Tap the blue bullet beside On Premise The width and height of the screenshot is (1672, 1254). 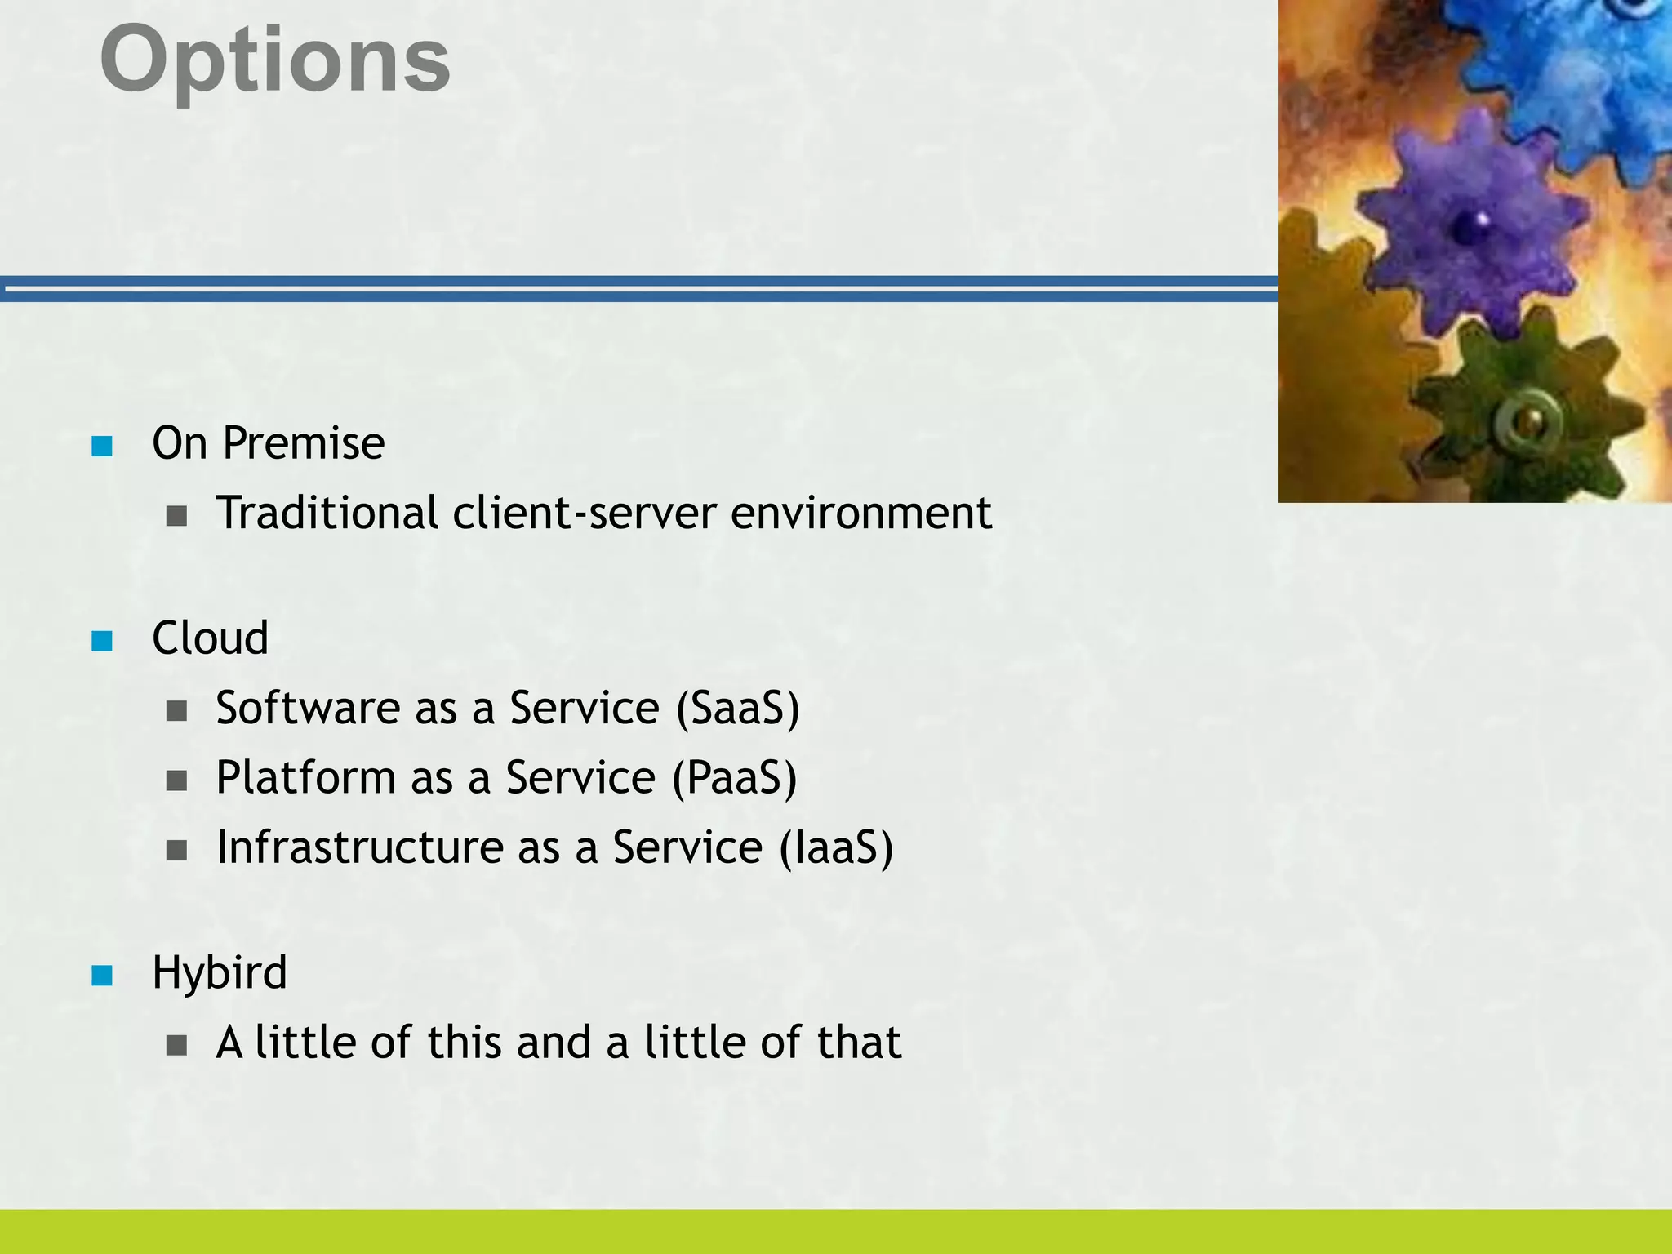[x=102, y=446]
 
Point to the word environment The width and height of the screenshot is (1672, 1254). [x=860, y=514]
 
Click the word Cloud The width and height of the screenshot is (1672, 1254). [x=210, y=638]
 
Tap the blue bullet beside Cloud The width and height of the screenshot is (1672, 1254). [x=102, y=641]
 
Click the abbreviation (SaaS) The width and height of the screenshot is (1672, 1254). [x=737, y=708]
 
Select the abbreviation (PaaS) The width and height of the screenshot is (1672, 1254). [x=734, y=778]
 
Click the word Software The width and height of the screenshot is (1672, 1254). [x=307, y=708]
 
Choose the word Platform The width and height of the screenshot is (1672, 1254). [x=305, y=778]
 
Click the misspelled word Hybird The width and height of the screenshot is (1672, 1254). [x=219, y=973]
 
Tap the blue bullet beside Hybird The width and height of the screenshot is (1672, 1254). [x=102, y=976]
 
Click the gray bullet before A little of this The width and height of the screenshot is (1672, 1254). [x=176, y=1046]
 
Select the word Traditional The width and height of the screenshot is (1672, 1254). [x=327, y=514]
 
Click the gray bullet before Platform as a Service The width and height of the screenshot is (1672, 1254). [x=176, y=781]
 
